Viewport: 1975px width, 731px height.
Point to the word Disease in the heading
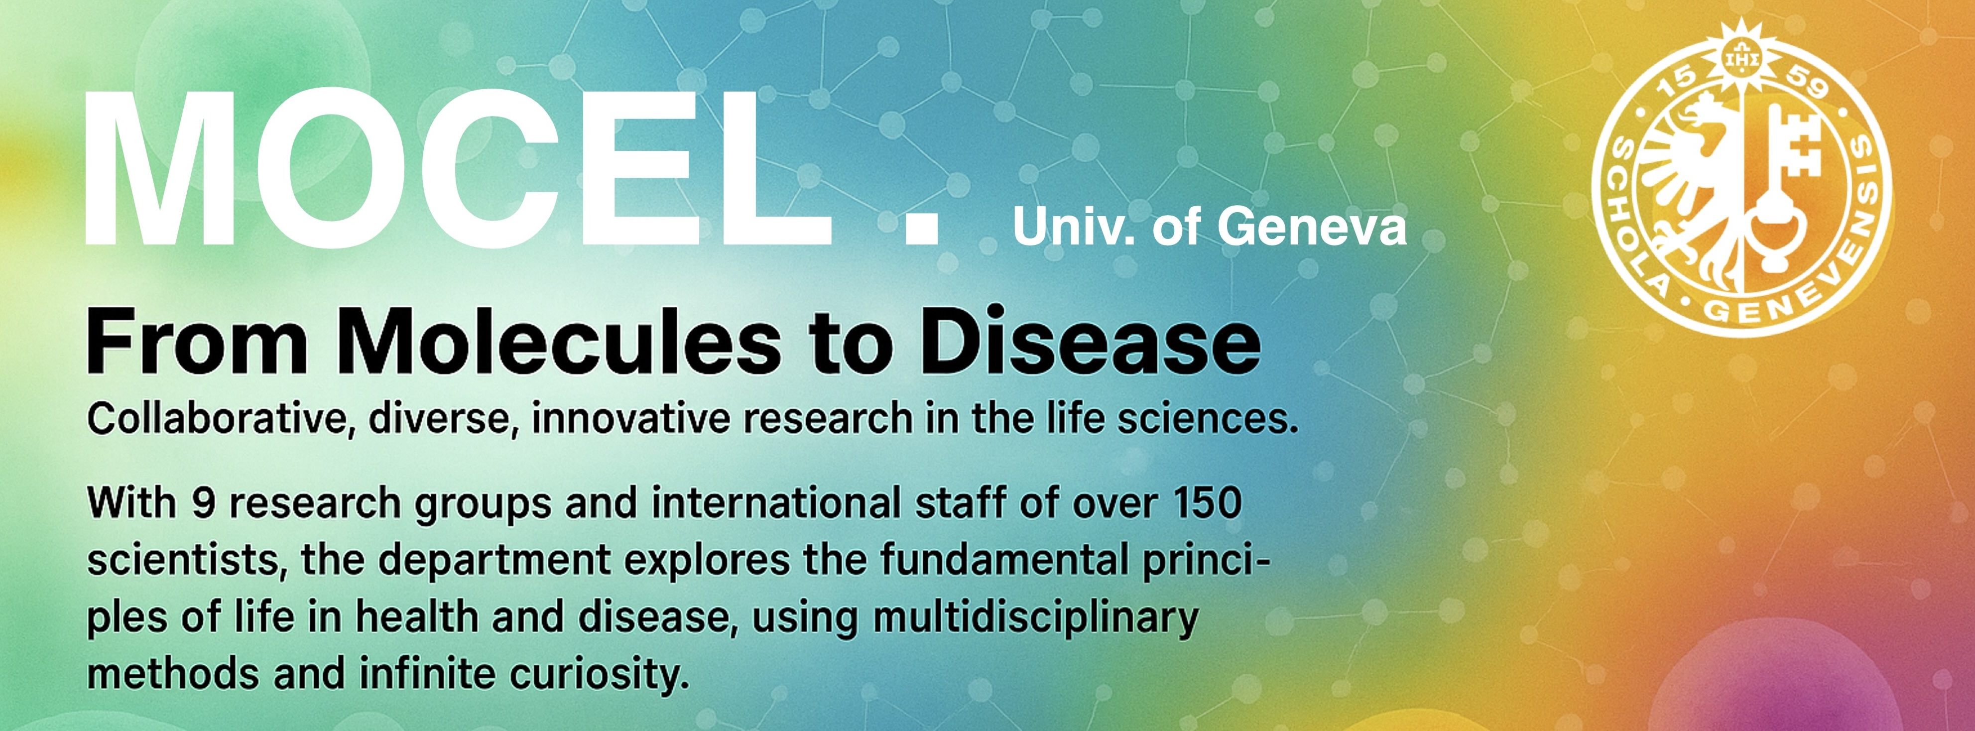coord(1090,341)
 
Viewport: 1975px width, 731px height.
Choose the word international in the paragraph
coord(776,504)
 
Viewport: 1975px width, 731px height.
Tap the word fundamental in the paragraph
coord(1003,560)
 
